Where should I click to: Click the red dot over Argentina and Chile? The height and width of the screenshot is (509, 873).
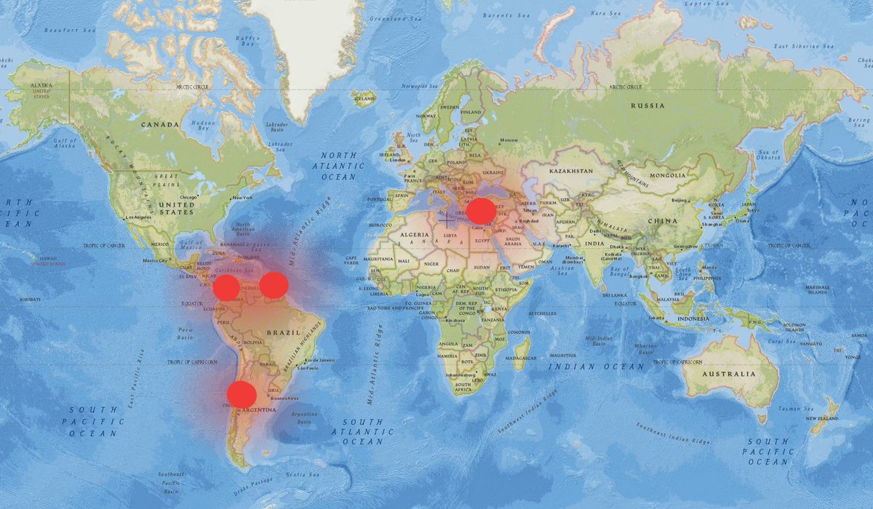[x=242, y=395]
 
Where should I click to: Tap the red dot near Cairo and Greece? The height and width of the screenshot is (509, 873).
[x=481, y=211]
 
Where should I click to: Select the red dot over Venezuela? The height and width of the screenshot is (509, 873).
[x=274, y=286]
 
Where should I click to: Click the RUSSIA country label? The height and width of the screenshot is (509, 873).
[x=647, y=105]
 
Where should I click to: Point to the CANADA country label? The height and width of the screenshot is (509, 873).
[x=159, y=124]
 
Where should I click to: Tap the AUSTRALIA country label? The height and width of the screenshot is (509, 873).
[x=728, y=374]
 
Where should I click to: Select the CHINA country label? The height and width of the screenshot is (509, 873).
[x=662, y=221]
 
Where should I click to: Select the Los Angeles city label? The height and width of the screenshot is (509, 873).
[x=139, y=217]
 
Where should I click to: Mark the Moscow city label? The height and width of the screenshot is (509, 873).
[x=509, y=140]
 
